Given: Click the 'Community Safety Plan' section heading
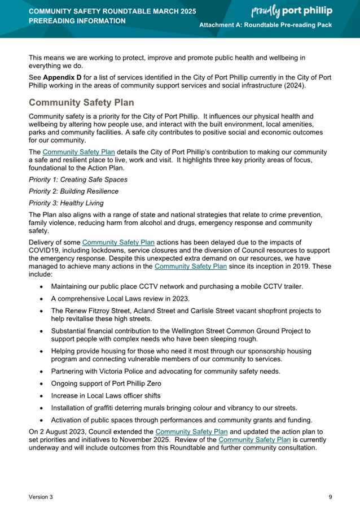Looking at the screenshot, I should (81, 103).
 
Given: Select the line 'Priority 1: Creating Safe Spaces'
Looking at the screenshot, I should (78, 180).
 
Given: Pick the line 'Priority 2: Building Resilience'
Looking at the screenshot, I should (73, 191).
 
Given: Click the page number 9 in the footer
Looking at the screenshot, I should (330, 497).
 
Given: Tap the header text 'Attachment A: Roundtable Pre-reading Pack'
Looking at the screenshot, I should (265, 27).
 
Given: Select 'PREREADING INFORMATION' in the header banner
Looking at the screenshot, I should (77, 21).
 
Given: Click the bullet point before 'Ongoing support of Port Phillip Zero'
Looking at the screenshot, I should (43, 383).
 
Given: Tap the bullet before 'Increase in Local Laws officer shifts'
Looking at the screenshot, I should (43, 395).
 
